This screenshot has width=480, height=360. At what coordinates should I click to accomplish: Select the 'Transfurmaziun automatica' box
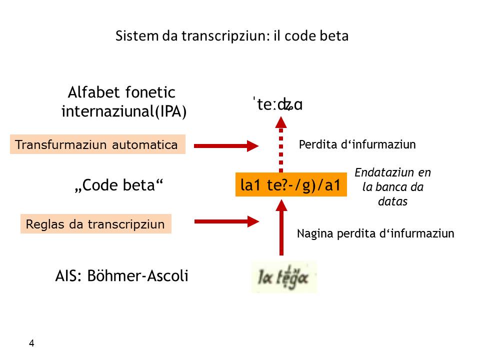(x=97, y=145)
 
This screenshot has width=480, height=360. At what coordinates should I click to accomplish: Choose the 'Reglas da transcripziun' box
(x=95, y=224)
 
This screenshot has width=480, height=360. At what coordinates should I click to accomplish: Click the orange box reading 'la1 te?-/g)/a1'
(x=291, y=185)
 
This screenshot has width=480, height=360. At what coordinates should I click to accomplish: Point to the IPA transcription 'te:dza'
(x=278, y=105)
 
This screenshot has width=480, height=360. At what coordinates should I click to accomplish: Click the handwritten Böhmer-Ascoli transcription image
(x=284, y=277)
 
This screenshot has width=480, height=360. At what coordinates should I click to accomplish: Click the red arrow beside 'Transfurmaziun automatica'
(x=226, y=145)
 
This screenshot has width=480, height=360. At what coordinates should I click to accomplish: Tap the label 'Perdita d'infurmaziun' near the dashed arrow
(x=357, y=145)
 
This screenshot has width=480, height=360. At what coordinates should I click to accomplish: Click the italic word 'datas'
(x=392, y=202)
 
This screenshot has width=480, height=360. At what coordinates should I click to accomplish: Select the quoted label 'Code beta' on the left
(x=119, y=185)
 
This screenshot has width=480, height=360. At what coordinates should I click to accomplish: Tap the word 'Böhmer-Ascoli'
(x=138, y=276)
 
